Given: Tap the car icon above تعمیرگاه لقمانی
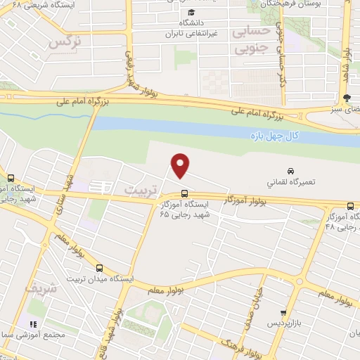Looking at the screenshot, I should click(x=290, y=171).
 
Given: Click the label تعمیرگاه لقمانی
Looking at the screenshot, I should click(x=290, y=181).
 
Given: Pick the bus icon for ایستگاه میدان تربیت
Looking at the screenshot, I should click(x=99, y=268).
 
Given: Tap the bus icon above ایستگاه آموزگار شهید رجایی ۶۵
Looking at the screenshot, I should click(x=184, y=193).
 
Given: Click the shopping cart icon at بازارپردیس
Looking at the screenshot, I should click(x=283, y=313).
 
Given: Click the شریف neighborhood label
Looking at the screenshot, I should click(x=39, y=288).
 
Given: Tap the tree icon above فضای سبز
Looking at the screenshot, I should click(x=346, y=98).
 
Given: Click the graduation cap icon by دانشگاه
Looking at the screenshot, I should click(x=191, y=12).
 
